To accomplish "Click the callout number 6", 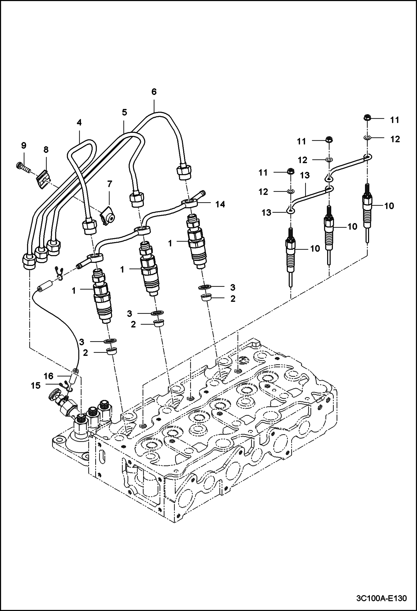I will (154, 92).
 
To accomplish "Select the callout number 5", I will (124, 113).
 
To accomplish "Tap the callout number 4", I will (79, 122).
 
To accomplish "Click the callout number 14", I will (220, 204).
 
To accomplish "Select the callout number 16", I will (48, 376).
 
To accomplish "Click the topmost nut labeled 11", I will (367, 118).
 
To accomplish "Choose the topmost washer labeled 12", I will (367, 138).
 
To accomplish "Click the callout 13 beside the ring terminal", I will (266, 213).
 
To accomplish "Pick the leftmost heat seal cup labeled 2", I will (112, 351).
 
